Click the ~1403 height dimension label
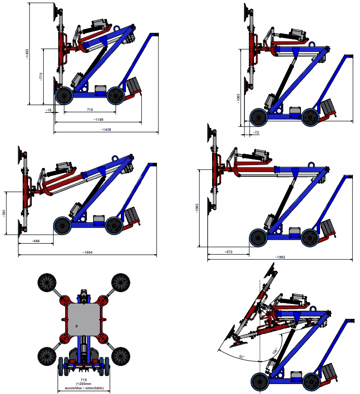point(27,54)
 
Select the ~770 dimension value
point(41,77)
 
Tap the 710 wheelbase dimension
point(90,109)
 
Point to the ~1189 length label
point(98,119)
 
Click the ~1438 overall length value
point(106,129)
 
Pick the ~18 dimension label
point(49,110)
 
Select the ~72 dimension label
point(256,132)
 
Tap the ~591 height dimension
point(4,213)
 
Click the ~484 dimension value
point(36,241)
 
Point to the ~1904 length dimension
point(88,252)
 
